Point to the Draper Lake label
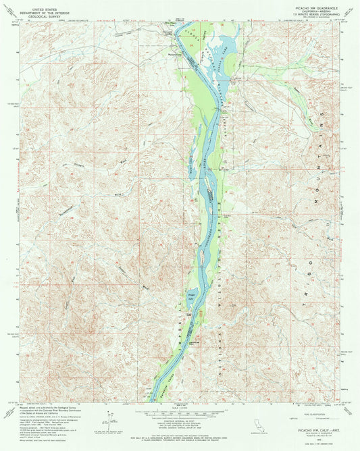[x=191, y=295]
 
